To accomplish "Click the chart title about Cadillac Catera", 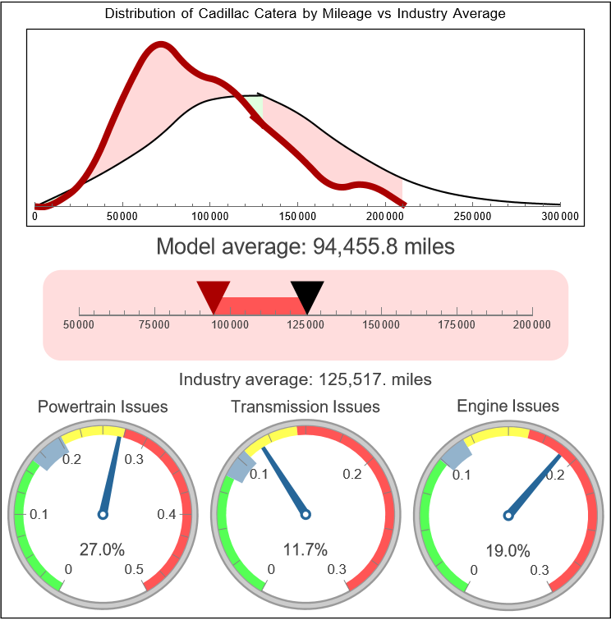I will tap(305, 14).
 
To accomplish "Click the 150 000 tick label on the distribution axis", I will tap(297, 216).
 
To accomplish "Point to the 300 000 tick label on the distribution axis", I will tap(560, 216).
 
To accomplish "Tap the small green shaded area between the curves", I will tap(257, 104).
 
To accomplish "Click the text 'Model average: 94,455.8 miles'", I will tap(305, 246).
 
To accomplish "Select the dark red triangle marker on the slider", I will tap(214, 294).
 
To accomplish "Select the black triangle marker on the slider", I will tap(307, 294).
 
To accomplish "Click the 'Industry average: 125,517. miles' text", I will tap(305, 379).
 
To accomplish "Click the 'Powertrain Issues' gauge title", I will tap(103, 406).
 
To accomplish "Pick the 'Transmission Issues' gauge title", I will tap(305, 406).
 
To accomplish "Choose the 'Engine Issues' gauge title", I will tap(508, 406).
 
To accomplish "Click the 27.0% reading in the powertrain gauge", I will tap(102, 549).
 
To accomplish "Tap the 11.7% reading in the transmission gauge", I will tap(305, 549).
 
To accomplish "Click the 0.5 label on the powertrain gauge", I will tap(135, 570).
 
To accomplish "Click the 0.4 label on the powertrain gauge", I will tap(167, 514).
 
